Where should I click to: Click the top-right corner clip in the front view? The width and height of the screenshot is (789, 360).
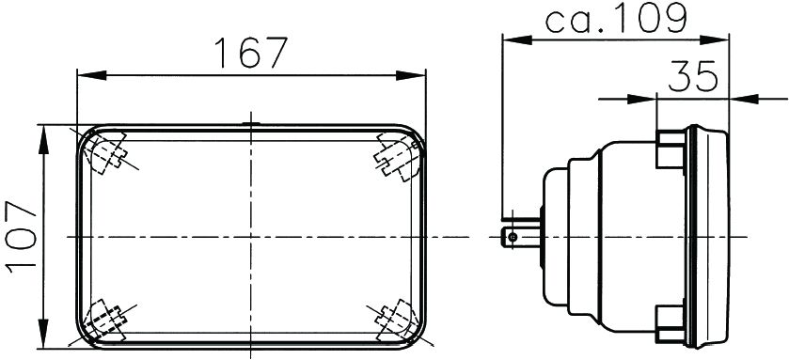pos(395,154)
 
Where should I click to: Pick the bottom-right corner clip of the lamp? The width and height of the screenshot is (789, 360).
pos(395,321)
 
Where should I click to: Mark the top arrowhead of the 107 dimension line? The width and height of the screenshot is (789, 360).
pos(42,132)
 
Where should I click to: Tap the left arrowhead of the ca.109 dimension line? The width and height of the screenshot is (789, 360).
pos(511,39)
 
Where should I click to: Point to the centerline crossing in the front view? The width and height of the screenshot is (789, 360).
pos(249,237)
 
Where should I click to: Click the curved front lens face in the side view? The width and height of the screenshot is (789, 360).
pos(730,237)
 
